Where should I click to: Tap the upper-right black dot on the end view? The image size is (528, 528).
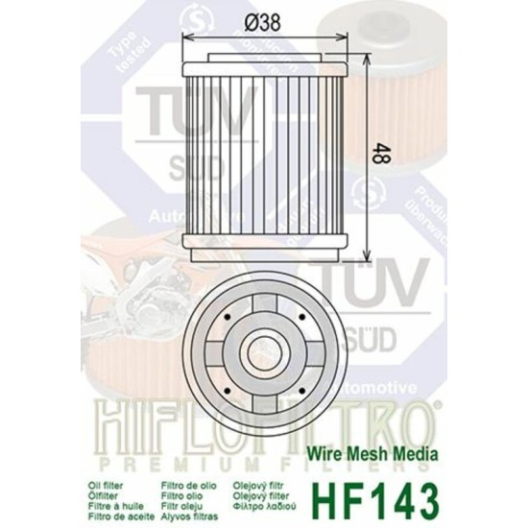pyautogui.click(x=300, y=315)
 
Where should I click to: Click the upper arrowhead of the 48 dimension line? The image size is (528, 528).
pyautogui.click(x=371, y=39)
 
